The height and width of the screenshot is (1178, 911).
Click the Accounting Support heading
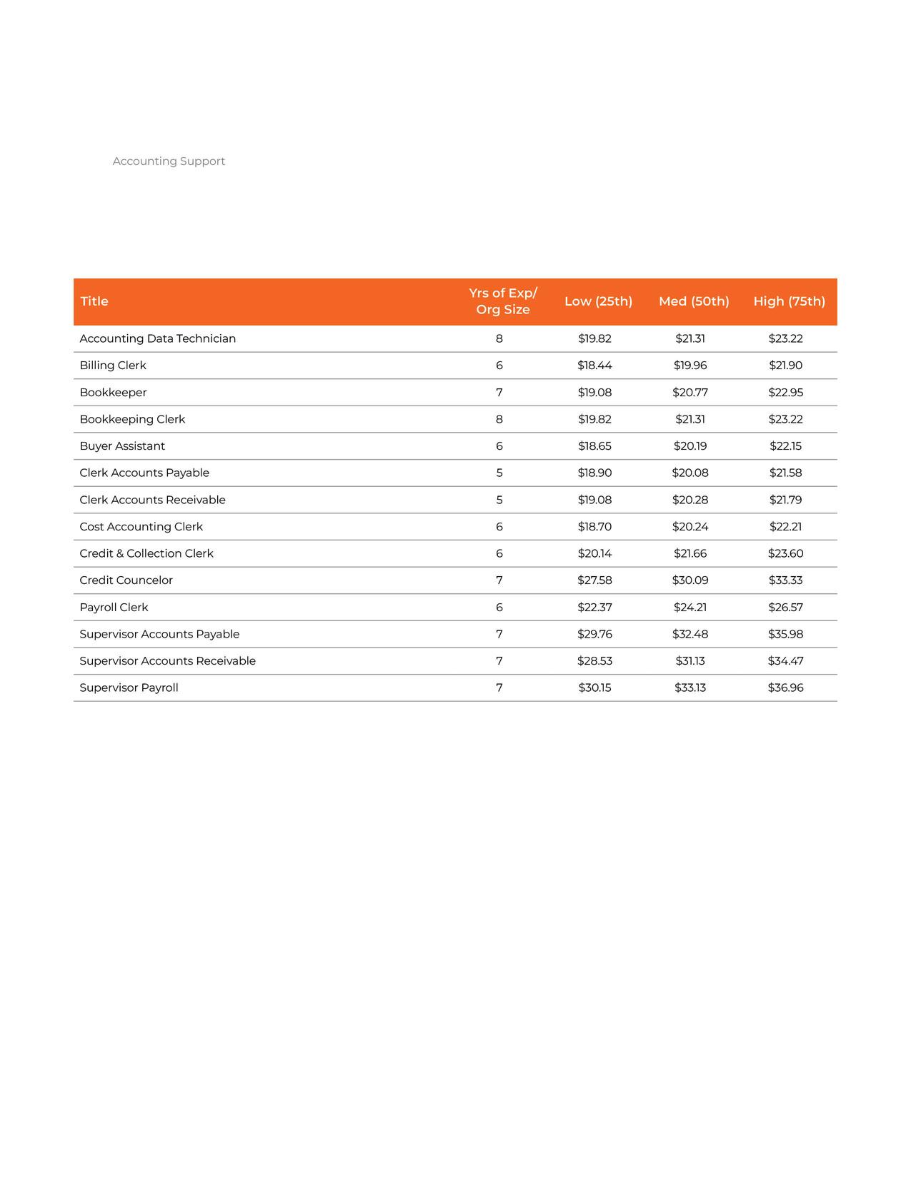click(169, 161)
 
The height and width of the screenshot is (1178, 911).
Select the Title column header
click(94, 301)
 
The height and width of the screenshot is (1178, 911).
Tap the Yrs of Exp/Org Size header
click(503, 301)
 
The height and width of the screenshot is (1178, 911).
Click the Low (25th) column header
click(598, 301)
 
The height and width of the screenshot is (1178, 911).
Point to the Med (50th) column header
click(694, 301)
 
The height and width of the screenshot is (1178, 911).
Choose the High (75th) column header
click(789, 301)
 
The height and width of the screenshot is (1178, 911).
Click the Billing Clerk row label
click(113, 366)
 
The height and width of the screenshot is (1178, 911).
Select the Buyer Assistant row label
click(122, 446)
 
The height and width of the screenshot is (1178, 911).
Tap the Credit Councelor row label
click(126, 580)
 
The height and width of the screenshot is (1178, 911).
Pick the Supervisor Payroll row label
click(129, 688)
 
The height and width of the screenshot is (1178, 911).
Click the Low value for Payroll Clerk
click(594, 608)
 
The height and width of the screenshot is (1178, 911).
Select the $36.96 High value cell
click(785, 688)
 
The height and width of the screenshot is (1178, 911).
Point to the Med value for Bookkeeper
click(690, 393)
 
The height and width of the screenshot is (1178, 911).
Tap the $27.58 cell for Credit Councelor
click(594, 580)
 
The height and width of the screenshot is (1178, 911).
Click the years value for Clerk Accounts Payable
click(499, 473)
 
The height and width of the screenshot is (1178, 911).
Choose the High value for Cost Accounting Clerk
click(785, 527)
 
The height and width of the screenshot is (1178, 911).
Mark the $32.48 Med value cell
click(690, 634)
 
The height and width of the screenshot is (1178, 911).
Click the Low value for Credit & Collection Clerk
click(594, 553)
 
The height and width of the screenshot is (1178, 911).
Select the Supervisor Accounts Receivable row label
click(168, 661)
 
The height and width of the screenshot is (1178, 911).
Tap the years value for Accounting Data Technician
click(499, 338)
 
